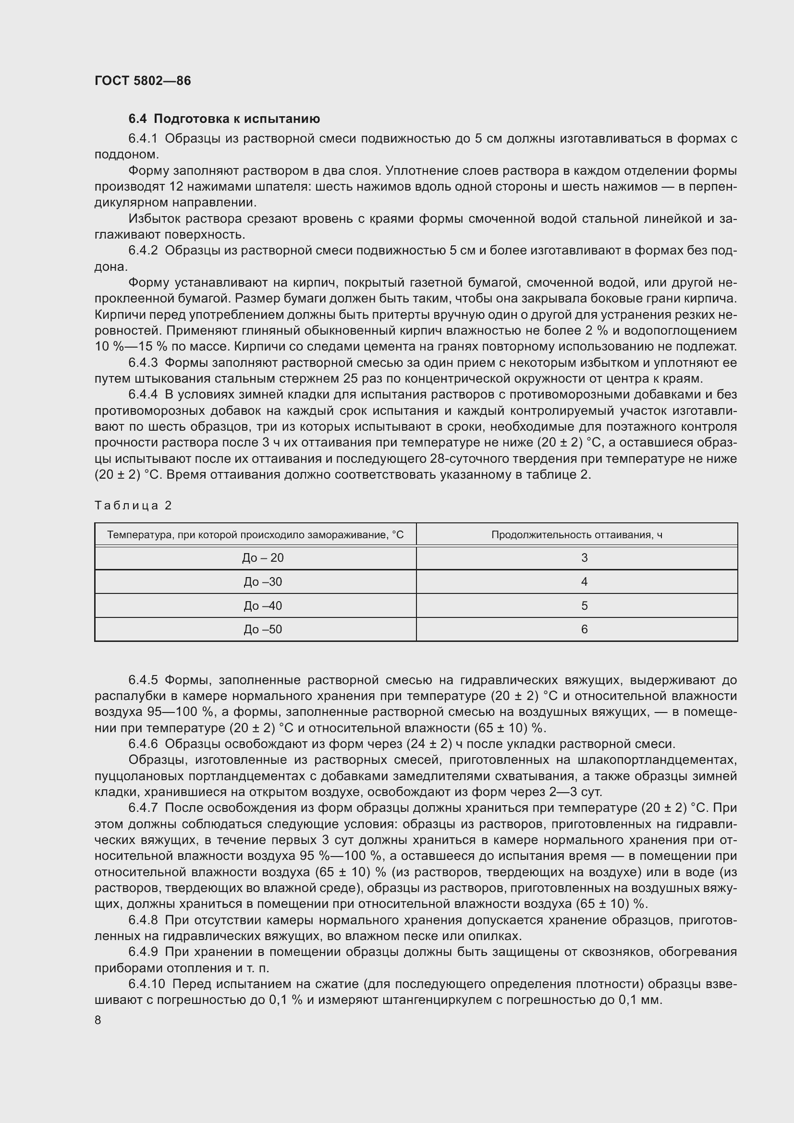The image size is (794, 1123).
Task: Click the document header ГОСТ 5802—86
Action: tap(142, 81)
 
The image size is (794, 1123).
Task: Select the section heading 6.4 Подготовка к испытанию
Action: tap(224, 119)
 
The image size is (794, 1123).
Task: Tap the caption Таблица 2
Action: tap(133, 505)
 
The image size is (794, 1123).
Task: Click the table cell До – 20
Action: tap(263, 557)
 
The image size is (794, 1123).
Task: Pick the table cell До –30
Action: tap(263, 581)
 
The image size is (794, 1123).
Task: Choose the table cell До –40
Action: tap(263, 605)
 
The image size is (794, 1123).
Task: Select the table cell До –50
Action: tap(263, 629)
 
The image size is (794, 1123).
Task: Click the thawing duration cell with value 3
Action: tap(584, 557)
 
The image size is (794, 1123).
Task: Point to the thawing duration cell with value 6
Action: tap(584, 629)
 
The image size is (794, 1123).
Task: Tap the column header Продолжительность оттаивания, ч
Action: tap(577, 534)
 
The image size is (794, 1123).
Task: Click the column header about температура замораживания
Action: tap(256, 534)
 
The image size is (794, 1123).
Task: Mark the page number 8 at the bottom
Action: tap(98, 1020)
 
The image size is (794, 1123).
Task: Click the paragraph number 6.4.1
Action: tap(143, 138)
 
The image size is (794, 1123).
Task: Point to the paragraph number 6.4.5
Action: tap(143, 680)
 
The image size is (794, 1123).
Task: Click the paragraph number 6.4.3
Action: tap(143, 362)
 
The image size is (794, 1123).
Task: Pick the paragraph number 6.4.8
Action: tap(143, 920)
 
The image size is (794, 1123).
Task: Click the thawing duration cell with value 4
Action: tap(584, 581)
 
